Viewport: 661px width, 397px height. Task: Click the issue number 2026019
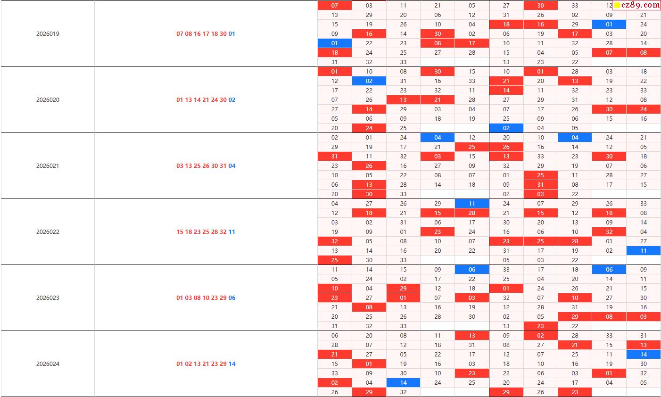pos(48,34)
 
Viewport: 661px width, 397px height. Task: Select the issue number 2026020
pos(48,100)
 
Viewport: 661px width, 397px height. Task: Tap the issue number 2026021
pos(48,166)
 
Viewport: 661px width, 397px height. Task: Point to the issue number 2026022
pos(48,232)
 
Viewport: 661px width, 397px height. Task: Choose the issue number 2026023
pos(48,298)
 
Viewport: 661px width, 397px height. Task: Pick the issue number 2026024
pos(48,364)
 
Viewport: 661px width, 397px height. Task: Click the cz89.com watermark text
pos(640,5)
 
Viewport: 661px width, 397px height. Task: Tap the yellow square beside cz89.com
pos(617,6)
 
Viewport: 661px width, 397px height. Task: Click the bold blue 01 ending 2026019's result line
pos(232,34)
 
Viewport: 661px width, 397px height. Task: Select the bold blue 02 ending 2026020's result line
pos(232,100)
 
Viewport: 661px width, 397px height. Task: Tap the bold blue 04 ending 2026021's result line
pos(232,166)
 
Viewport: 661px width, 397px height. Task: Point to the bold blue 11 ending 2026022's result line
pos(232,232)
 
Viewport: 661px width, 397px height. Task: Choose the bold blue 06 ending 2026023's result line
pos(232,298)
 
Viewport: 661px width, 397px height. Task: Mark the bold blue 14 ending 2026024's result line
pos(232,364)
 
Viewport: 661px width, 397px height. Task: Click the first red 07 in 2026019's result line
pos(180,34)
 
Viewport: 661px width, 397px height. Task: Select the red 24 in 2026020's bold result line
pos(215,100)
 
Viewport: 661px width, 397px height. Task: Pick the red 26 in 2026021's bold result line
pos(206,166)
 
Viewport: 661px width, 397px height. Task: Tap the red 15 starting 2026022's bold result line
pos(180,232)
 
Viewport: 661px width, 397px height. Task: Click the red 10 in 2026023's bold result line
pos(206,298)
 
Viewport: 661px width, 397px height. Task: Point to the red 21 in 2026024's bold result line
pos(206,364)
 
